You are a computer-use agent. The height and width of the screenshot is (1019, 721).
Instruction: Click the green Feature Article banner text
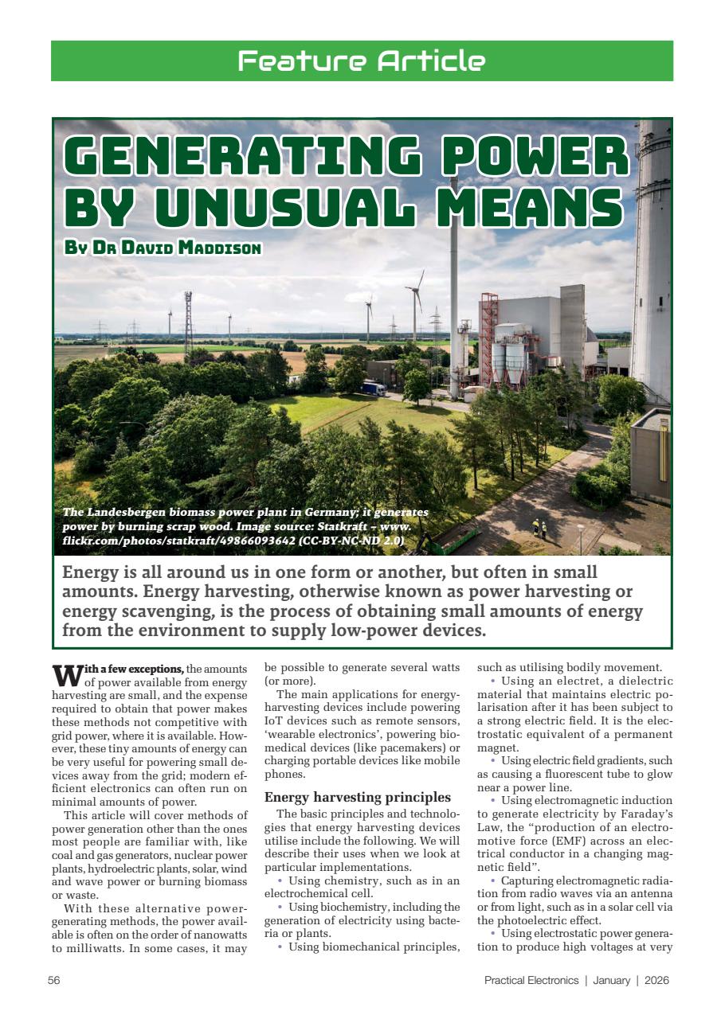(361, 61)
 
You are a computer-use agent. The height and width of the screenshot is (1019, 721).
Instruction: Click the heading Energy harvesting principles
(358, 797)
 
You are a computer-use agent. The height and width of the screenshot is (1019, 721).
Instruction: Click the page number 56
(54, 980)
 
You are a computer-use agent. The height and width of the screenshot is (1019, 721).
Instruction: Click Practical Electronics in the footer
(531, 980)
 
